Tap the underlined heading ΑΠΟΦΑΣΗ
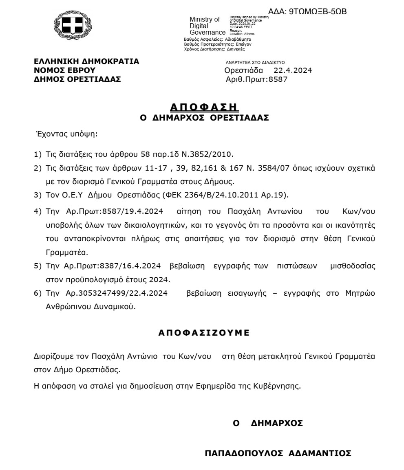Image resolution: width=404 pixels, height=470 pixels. click(x=204, y=108)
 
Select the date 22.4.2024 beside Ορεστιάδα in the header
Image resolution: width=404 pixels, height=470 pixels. click(x=293, y=70)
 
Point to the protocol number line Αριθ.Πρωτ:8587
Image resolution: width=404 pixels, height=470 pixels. click(x=256, y=79)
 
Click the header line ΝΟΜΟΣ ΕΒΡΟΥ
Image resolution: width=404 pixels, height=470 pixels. click(x=59, y=70)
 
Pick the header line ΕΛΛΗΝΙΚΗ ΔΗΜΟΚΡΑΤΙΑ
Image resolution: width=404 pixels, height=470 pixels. click(x=86, y=61)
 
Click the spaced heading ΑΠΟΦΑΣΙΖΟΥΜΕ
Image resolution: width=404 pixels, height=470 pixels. click(x=203, y=333)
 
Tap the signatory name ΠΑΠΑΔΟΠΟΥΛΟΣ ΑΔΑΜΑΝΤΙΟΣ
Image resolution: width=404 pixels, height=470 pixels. click(x=278, y=453)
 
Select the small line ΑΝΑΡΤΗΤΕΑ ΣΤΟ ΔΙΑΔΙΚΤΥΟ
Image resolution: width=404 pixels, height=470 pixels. click(x=255, y=62)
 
